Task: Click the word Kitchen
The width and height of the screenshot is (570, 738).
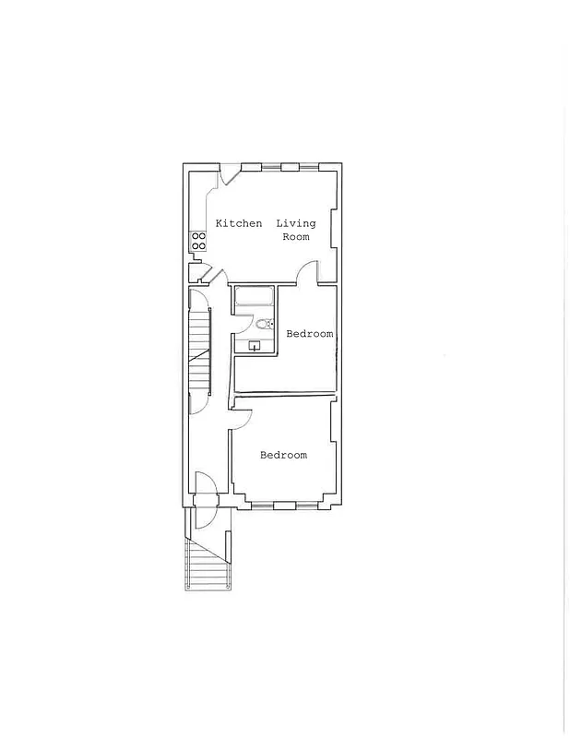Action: (238, 223)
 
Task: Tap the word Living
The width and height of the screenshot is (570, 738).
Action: (296, 223)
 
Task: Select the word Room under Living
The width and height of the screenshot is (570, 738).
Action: (295, 237)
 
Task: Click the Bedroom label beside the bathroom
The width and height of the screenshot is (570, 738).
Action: (309, 334)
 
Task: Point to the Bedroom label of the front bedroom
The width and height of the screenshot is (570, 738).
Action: (283, 455)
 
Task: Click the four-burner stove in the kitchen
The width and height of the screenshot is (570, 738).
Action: (198, 241)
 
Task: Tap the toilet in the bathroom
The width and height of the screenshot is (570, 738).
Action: (264, 324)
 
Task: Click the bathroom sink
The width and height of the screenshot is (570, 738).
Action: (254, 346)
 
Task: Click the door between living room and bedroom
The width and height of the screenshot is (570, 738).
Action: (307, 271)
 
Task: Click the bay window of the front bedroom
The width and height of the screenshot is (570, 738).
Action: (284, 506)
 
